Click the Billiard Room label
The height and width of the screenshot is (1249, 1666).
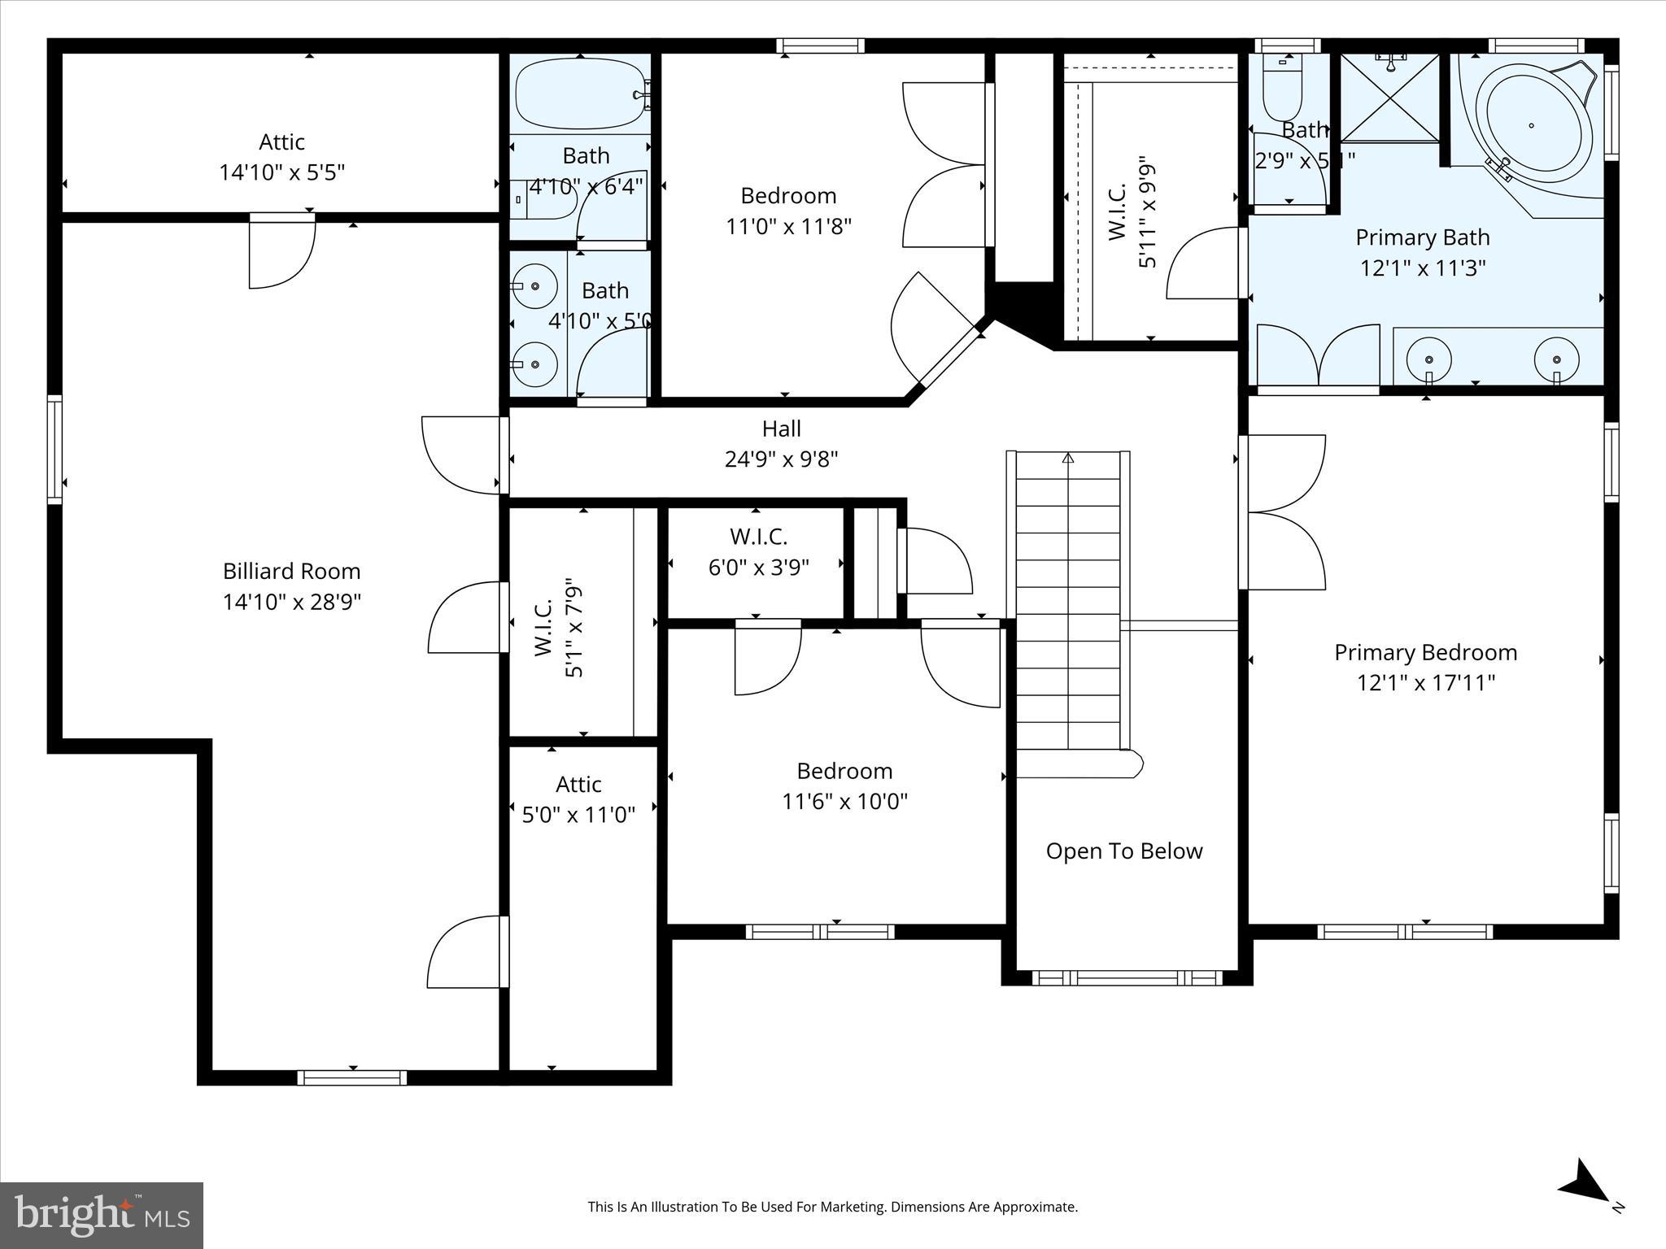[x=291, y=571]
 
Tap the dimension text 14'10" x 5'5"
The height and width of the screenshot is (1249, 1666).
[x=281, y=172]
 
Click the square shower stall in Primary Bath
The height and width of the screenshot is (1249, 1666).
[x=1390, y=97]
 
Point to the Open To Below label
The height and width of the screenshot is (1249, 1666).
[x=1123, y=851]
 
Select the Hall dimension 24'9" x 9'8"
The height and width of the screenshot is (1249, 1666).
[x=781, y=459]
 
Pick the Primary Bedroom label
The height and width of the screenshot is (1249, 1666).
[x=1425, y=652]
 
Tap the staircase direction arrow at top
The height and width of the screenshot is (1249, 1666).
[x=1068, y=459]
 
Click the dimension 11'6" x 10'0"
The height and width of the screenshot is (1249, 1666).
[x=844, y=802]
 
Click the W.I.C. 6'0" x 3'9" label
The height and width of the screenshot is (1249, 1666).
[x=758, y=551]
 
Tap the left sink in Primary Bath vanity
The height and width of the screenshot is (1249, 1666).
[x=1429, y=359]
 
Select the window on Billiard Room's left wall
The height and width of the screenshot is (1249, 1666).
[x=55, y=449]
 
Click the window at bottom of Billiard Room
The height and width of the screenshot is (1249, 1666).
[x=351, y=1077]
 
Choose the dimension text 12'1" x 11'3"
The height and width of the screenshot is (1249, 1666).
[x=1423, y=268]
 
